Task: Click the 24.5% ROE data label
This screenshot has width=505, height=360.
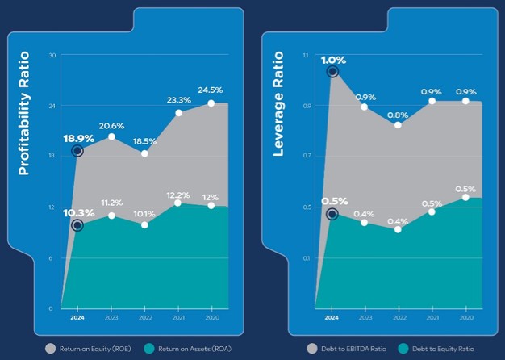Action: tap(211, 90)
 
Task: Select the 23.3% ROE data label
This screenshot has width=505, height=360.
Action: tap(179, 100)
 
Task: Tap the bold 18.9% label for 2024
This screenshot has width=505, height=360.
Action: tap(78, 138)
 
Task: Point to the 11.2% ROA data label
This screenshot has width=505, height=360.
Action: tap(111, 203)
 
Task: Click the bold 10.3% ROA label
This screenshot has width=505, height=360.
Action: tap(78, 213)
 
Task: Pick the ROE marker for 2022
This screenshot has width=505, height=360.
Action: tap(144, 153)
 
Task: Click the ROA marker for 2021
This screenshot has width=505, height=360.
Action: tap(178, 203)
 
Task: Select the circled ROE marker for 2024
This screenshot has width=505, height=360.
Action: tap(77, 151)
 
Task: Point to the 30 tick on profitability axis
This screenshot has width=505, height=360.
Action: tap(52, 55)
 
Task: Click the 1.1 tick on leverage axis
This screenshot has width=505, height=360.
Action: tap(306, 55)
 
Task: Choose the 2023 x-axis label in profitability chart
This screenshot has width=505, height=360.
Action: tap(111, 318)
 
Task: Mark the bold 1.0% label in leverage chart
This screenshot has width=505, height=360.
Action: tap(333, 60)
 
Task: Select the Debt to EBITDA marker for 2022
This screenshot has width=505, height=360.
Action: tap(398, 125)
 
